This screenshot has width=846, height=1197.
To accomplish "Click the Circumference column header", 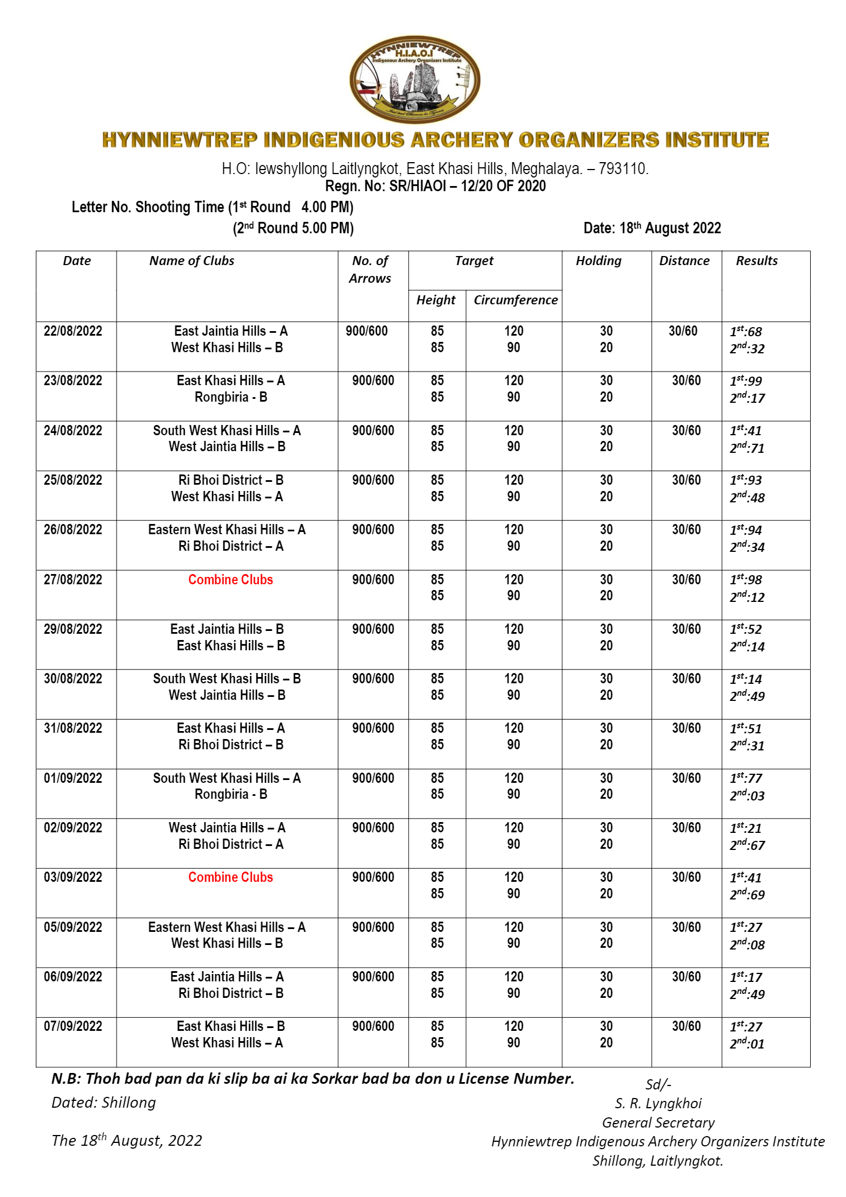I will click(515, 300).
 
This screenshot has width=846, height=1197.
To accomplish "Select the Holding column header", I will click(598, 261).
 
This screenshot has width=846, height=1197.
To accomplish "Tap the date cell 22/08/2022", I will click(73, 331).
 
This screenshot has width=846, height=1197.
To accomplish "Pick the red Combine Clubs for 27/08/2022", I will click(230, 580).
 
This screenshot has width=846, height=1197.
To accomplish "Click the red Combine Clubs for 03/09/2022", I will click(230, 877).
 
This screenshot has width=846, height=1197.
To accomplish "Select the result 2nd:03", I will click(747, 795).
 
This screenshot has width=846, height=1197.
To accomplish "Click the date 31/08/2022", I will click(73, 728).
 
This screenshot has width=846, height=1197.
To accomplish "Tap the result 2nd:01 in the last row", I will click(747, 1043).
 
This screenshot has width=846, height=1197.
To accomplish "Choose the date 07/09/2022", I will click(73, 1026).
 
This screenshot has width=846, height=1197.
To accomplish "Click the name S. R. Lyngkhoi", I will click(658, 1104).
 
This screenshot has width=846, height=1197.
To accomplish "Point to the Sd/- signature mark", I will click(658, 1084).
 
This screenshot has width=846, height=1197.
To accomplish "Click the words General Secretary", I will click(658, 1122).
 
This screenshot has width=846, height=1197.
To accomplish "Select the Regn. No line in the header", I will click(435, 186).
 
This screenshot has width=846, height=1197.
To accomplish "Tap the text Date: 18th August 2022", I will click(652, 228).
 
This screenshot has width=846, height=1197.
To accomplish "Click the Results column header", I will click(756, 261).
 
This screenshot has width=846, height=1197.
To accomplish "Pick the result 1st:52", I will click(745, 629).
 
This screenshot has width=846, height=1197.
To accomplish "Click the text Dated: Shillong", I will click(103, 1103).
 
